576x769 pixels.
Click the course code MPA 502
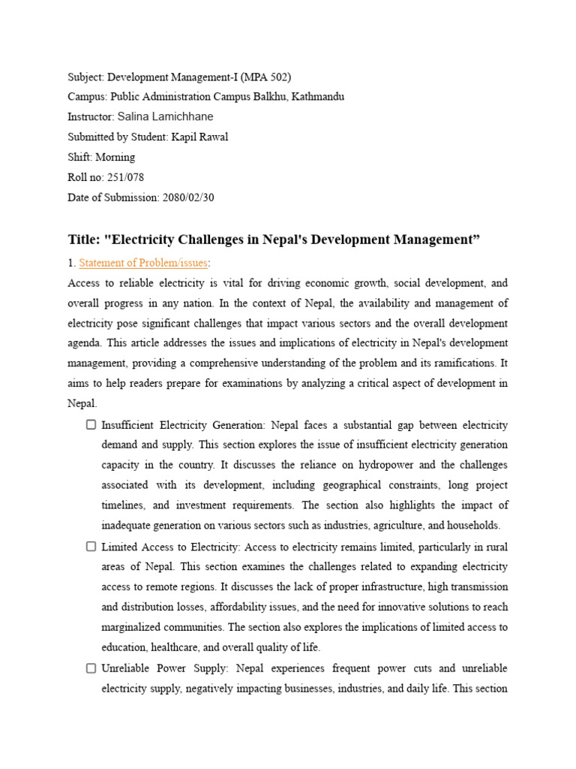267,77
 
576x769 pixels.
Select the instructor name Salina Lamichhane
165,116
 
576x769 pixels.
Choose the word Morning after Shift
115,157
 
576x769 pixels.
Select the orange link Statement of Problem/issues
143,262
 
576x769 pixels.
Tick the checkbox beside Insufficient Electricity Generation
91,424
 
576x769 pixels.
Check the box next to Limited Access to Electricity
91,546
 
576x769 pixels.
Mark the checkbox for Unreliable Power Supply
91,668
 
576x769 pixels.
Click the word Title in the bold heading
82,240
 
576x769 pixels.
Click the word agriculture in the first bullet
397,526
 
